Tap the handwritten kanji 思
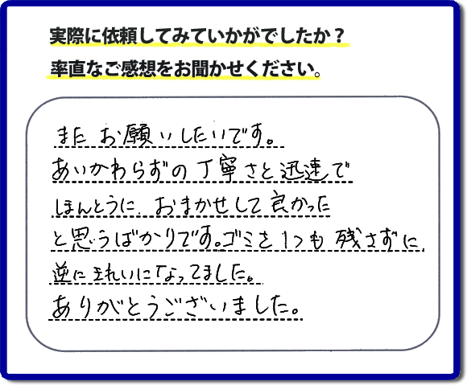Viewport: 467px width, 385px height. pyautogui.click(x=82, y=240)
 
